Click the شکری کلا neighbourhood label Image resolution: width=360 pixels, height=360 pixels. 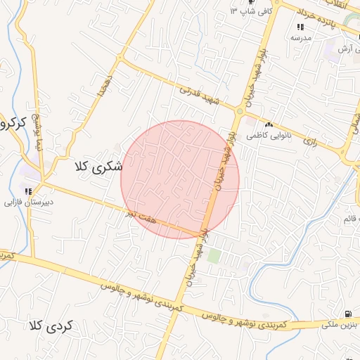(x=98, y=167)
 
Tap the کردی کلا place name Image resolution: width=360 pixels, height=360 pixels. (x=51, y=326)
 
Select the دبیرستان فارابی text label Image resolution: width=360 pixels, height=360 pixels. (x=29, y=202)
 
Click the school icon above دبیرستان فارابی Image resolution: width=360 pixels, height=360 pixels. (x=28, y=190)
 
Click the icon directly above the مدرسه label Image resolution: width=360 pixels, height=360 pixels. (x=300, y=27)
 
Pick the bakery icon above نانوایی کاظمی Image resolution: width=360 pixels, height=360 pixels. (x=269, y=105)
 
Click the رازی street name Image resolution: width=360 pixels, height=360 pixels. (x=309, y=141)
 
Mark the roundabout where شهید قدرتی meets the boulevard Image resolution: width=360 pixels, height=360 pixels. (x=240, y=110)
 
